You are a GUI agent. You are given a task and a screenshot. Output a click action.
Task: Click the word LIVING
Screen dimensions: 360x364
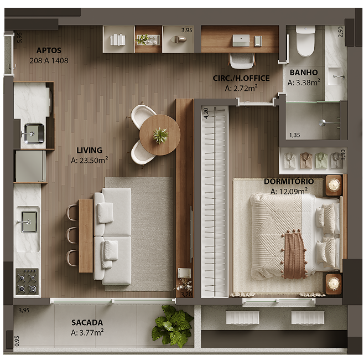[x=89, y=150]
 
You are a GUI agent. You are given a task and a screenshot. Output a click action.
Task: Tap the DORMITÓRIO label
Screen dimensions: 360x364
[x=288, y=182]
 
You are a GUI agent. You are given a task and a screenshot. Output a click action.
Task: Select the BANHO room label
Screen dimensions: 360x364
[x=304, y=73]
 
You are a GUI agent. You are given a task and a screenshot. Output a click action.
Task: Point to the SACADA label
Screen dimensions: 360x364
[x=87, y=322]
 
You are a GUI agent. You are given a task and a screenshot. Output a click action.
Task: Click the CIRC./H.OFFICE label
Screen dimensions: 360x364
[x=241, y=78]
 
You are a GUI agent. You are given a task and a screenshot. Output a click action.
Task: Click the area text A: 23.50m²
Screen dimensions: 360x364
[x=89, y=161]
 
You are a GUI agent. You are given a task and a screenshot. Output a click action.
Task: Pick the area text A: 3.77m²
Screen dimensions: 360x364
[x=87, y=333]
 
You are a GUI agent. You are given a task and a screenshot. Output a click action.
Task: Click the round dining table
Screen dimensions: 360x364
[x=160, y=135]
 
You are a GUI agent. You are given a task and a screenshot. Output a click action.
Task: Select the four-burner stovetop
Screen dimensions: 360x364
[x=27, y=281]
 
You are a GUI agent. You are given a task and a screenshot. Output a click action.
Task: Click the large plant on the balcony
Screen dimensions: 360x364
[x=173, y=326]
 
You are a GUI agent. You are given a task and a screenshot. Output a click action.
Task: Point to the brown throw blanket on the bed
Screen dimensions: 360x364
[x=294, y=255]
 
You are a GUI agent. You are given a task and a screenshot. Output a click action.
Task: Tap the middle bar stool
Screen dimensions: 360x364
[x=72, y=235]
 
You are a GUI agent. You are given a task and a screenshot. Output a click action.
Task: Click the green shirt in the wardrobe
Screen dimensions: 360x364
[x=321, y=160]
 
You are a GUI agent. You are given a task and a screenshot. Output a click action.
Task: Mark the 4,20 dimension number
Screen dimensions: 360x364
[x=206, y=113]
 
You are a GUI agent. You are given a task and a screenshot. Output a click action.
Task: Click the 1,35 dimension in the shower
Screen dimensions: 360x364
[x=294, y=135]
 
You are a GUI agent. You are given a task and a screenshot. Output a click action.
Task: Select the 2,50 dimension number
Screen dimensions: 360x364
[x=341, y=32]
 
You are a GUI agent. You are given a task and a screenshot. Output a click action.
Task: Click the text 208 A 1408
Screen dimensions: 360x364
[x=49, y=60]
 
